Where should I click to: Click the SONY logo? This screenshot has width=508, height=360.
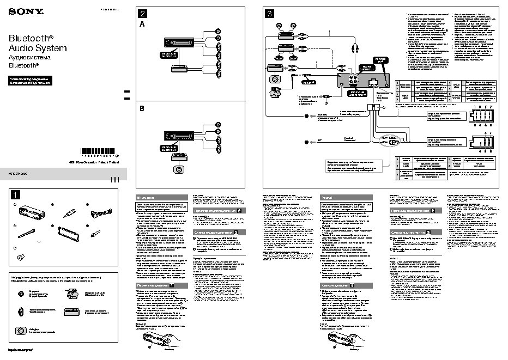click(x=19, y=11)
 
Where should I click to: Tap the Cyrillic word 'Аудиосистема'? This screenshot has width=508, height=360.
click(x=29, y=57)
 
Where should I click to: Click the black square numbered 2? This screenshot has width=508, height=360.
click(x=142, y=14)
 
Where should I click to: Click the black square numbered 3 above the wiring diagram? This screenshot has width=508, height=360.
click(x=269, y=14)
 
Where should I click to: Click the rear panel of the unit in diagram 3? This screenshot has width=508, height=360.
click(x=362, y=82)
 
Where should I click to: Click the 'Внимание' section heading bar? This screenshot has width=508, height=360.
click(x=161, y=198)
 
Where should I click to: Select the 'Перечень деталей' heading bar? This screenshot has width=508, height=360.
click(x=161, y=285)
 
